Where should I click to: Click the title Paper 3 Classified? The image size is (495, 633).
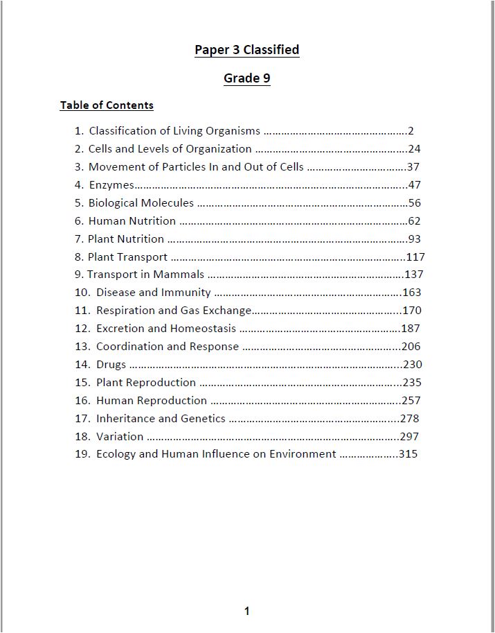246,50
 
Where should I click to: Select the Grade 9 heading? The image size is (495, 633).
246,78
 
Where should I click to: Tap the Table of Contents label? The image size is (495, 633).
107,105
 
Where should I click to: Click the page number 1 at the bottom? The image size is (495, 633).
247,611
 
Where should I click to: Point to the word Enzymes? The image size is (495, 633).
111,185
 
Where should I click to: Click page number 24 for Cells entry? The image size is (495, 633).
415,149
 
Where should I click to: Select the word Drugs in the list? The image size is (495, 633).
111,365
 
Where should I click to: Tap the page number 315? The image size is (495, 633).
408,455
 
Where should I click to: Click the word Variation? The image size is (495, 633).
120,437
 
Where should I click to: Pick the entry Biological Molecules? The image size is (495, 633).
141,203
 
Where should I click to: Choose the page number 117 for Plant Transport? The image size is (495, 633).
415,257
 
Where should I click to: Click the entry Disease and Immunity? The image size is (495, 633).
153,293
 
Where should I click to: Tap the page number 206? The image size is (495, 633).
411,347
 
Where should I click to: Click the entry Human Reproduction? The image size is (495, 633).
152,401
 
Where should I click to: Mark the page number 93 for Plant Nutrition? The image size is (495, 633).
415,239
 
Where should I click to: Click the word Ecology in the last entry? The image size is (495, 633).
116,454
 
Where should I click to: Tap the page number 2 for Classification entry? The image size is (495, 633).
411,131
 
